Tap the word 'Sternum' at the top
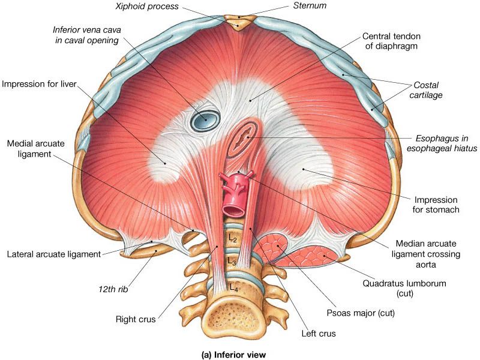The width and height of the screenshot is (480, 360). coord(313,5)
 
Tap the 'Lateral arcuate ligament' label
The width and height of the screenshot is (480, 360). coord(54,254)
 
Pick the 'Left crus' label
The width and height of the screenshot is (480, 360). coord(319,333)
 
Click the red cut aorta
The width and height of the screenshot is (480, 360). coord(232,201)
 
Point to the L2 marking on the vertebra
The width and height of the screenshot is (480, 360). coord(232,238)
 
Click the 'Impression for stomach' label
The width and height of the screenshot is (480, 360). coord(436,205)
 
